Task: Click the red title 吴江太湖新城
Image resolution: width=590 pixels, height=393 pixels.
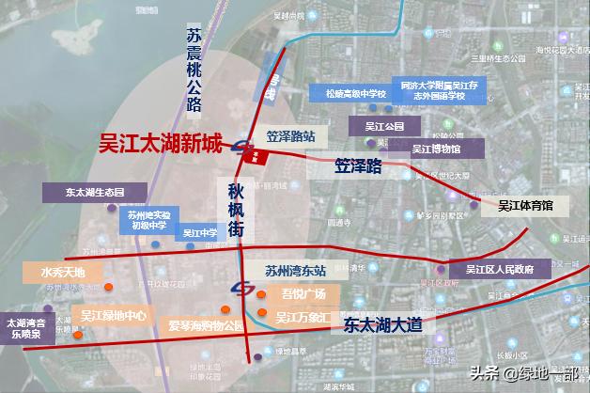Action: click(x=161, y=145)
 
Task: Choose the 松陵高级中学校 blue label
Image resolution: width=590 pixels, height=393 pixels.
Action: click(x=349, y=94)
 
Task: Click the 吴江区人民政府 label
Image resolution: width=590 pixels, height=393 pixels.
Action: click(x=498, y=269)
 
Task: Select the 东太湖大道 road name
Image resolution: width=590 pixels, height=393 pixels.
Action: click(x=383, y=324)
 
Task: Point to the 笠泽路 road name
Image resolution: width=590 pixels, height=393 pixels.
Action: click(x=359, y=166)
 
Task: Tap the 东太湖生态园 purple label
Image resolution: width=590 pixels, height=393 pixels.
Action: click(x=95, y=192)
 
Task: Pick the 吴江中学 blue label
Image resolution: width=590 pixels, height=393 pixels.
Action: click(x=199, y=233)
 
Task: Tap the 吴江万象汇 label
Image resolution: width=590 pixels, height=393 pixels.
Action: click(x=302, y=318)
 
